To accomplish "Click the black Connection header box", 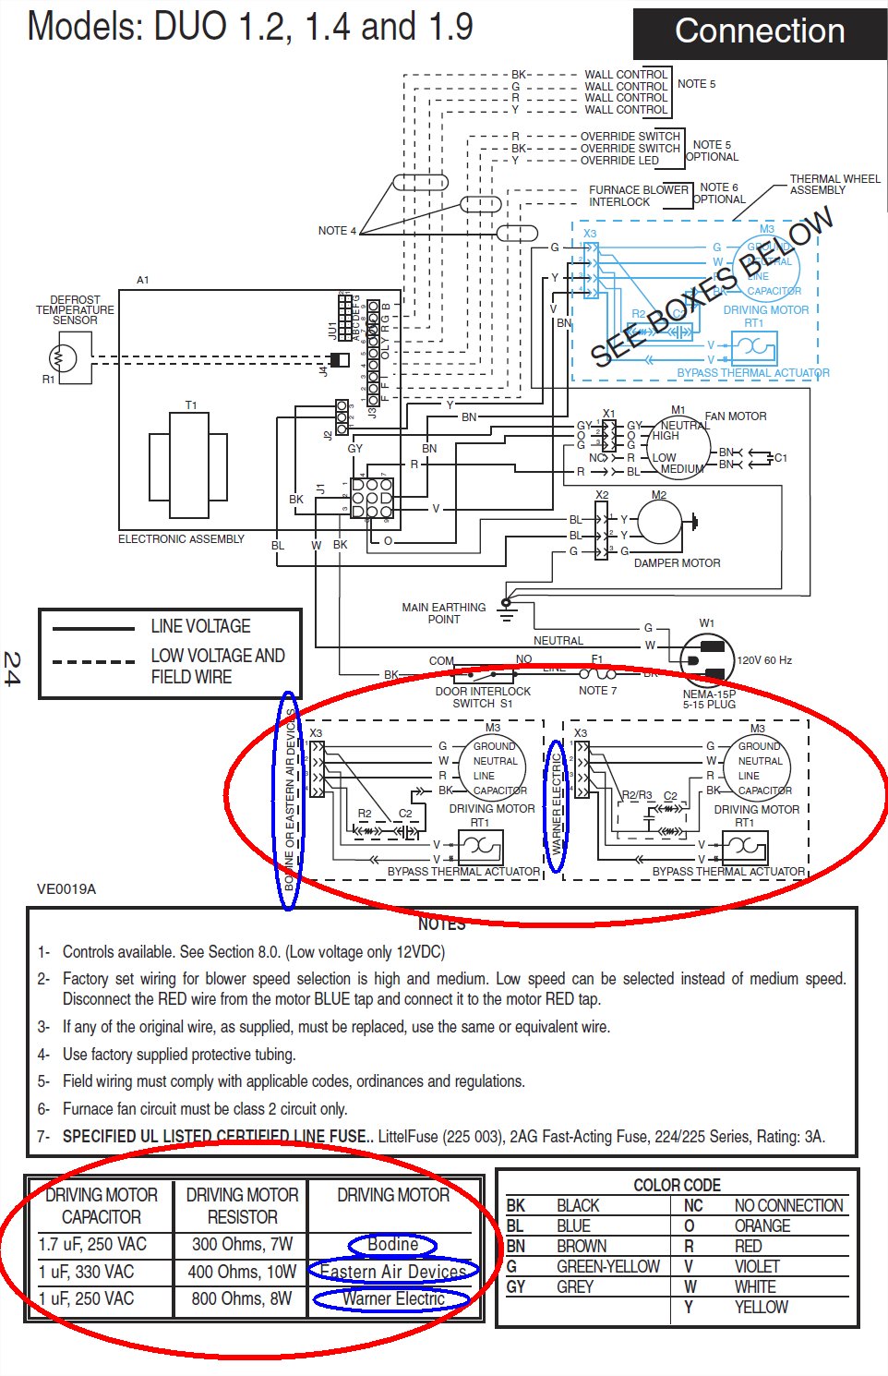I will (x=760, y=32).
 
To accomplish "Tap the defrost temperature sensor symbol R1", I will (x=64, y=357).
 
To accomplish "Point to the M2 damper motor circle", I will (x=659, y=523).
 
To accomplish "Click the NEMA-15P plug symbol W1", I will (x=707, y=658).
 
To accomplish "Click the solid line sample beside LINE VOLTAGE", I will (x=93, y=628).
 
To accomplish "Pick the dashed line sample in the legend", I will (x=93, y=661).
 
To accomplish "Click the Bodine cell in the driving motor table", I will (x=393, y=1244).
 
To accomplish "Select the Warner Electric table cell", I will (x=393, y=1298).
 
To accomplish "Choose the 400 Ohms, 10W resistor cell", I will (x=242, y=1272).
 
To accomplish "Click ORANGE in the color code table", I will (x=762, y=1225).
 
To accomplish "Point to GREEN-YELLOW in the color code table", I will (x=607, y=1266).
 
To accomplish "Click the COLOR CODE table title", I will (x=677, y=1185).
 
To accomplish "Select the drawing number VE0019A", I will (x=66, y=889).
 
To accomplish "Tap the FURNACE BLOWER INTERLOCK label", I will (x=638, y=196).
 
